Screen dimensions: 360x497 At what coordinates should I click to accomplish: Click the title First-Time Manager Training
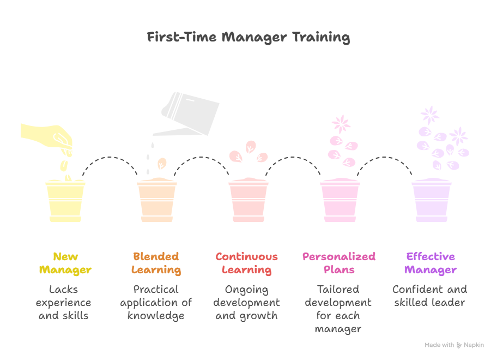tap(248, 38)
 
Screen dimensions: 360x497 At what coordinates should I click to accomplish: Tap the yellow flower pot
tap(65, 202)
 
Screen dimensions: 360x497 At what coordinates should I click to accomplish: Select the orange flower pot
tap(156, 202)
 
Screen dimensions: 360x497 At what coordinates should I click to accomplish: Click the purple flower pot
tap(431, 202)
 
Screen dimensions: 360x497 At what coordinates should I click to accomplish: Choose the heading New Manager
tap(65, 263)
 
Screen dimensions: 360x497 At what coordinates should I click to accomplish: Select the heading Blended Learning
tap(156, 263)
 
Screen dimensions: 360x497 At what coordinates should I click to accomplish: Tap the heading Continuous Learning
tap(246, 263)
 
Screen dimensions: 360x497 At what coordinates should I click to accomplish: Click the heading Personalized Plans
tap(339, 263)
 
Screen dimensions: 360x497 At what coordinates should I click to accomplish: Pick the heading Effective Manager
tap(431, 263)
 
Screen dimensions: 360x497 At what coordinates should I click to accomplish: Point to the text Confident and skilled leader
tap(430, 296)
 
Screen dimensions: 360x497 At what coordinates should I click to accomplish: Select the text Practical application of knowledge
tap(156, 302)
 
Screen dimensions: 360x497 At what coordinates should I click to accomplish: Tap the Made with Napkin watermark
tap(453, 345)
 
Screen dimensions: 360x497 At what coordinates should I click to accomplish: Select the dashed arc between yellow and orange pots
tap(111, 159)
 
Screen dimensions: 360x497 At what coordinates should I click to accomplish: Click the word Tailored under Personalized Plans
tap(338, 289)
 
